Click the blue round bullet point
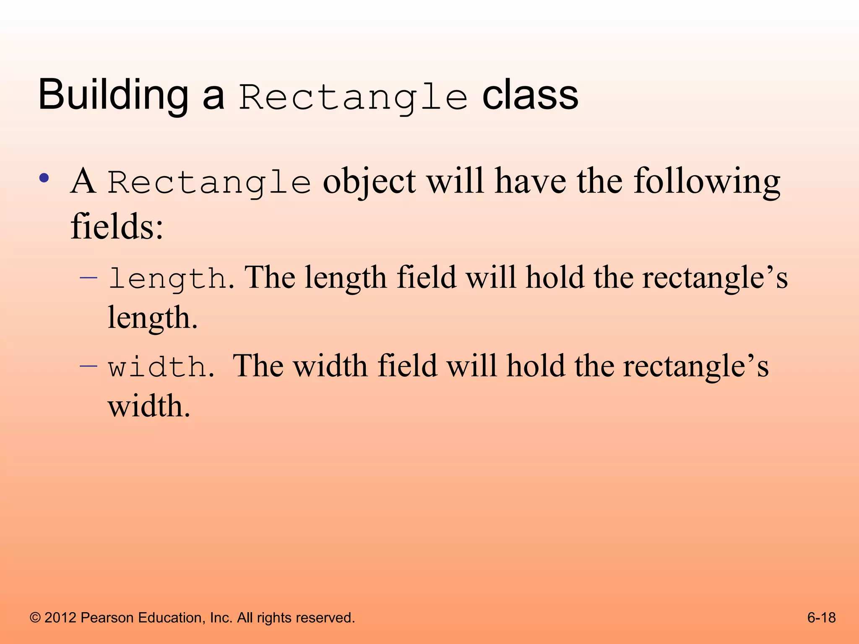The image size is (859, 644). tap(44, 178)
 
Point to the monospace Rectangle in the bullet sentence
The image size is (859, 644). tap(209, 183)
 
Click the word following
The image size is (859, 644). tap(707, 181)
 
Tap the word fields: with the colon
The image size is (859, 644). tap(117, 226)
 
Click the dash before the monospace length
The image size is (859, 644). tap(89, 277)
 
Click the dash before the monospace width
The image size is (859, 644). tap(89, 366)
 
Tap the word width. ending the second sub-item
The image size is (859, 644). tap(149, 406)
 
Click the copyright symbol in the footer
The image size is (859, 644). tap(35, 618)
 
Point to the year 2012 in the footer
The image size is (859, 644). tap(60, 618)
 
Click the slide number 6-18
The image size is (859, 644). tap(821, 618)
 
